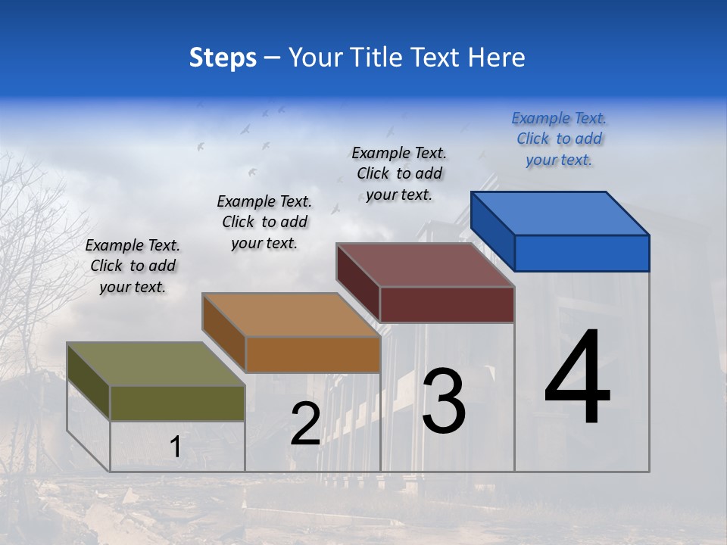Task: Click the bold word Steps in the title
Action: [x=222, y=58]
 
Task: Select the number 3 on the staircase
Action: [x=443, y=402]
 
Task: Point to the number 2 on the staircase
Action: [x=305, y=425]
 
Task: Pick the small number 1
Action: [x=175, y=447]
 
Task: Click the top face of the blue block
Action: [x=560, y=213]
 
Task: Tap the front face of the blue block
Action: [x=582, y=253]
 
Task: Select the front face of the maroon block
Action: [x=447, y=304]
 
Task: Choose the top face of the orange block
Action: [x=291, y=314]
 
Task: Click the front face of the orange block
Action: [x=313, y=354]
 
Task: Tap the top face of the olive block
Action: [x=156, y=364]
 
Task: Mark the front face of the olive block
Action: [x=177, y=403]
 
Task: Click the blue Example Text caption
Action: [x=559, y=139]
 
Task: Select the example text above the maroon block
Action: [x=399, y=173]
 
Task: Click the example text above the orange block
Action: [x=264, y=222]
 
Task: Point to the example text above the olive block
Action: [x=133, y=266]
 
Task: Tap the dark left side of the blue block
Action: [x=492, y=231]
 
